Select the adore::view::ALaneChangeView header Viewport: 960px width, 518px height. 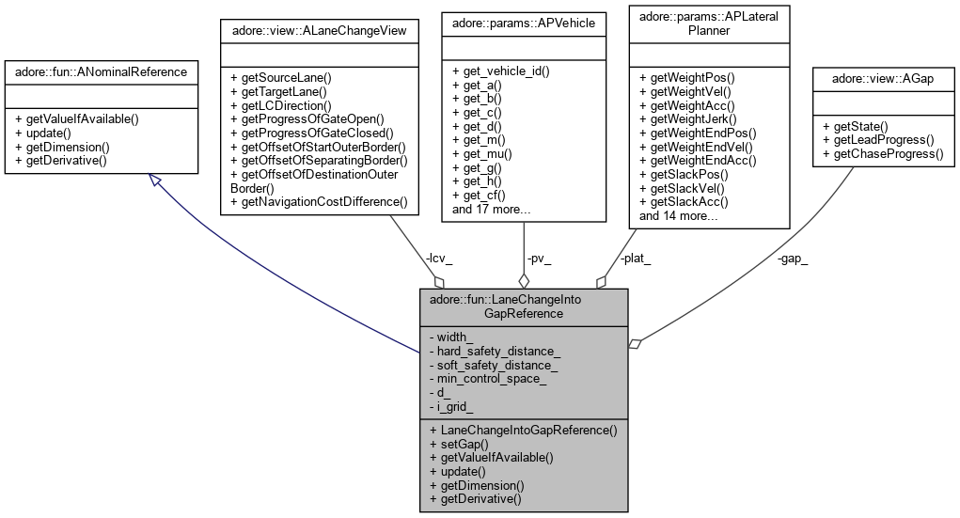point(318,30)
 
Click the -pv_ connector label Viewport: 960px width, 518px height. point(540,257)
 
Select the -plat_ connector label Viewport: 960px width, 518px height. point(635,257)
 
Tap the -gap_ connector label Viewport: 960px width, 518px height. point(793,257)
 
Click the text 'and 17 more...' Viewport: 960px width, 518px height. point(489,210)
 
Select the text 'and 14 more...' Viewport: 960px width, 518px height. point(679,216)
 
